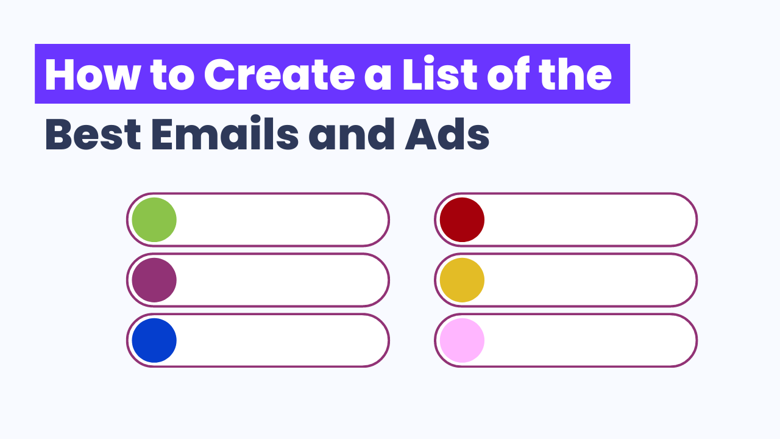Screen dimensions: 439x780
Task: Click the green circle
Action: (x=154, y=220)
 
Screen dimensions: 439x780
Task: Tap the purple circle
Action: (x=154, y=280)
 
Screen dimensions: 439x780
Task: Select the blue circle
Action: (x=154, y=340)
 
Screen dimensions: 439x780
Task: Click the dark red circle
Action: (x=462, y=220)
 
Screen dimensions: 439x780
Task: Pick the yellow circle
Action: (x=462, y=280)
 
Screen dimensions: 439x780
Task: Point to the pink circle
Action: (x=462, y=340)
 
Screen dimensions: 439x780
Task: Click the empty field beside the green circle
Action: (x=280, y=220)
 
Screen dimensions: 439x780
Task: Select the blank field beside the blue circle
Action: (x=280, y=340)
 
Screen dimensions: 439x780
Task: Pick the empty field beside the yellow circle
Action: (x=588, y=280)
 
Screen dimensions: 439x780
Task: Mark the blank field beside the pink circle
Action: (x=588, y=340)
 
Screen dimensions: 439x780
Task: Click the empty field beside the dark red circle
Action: (x=588, y=220)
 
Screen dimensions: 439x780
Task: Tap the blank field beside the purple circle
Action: (x=280, y=280)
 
